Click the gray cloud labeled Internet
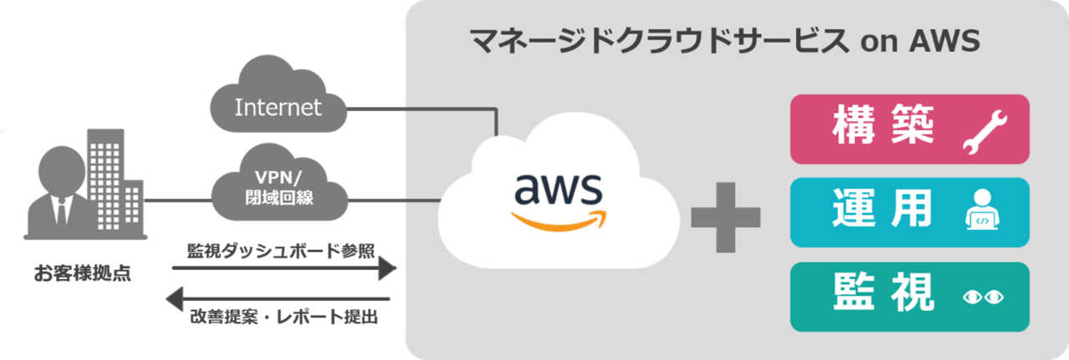(279, 107)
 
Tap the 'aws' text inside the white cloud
(558, 190)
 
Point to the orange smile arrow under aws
(558, 221)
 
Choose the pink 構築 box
(909, 129)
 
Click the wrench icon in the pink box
(985, 134)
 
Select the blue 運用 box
(909, 212)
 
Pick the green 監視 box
(909, 297)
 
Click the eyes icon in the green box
(984, 297)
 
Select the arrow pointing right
(284, 268)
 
